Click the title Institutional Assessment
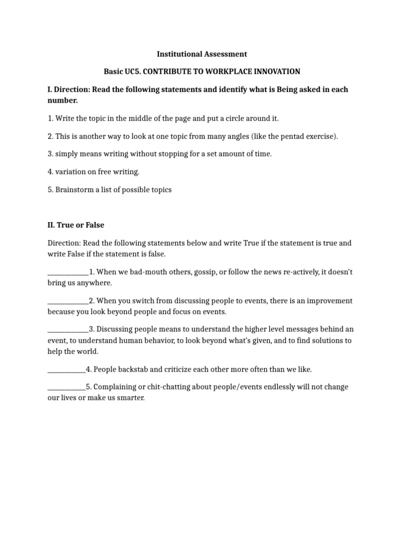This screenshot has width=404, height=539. point(202,54)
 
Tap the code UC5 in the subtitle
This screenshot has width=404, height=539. point(128,71)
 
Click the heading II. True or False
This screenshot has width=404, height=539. point(76,225)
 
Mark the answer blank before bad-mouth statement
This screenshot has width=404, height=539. point(68,272)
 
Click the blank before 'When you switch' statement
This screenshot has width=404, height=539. point(68,301)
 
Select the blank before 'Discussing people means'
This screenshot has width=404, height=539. point(68,329)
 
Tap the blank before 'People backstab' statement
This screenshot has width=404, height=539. point(66,369)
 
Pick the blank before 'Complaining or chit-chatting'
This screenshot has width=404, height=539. point(66,387)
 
